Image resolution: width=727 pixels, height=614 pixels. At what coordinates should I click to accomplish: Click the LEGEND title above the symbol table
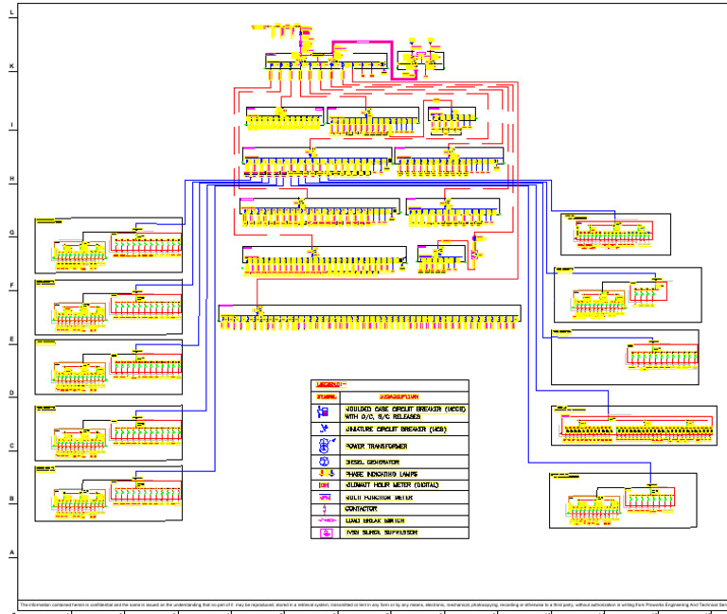coord(329,385)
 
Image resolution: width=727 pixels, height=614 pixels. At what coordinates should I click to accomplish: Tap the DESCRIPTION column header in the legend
coord(399,397)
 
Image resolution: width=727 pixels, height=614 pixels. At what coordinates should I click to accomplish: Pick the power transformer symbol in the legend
coord(325,445)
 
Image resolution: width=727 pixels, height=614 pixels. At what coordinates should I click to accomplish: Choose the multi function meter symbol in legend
coord(325,497)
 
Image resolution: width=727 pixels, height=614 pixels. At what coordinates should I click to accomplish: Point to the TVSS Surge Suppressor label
coord(383,533)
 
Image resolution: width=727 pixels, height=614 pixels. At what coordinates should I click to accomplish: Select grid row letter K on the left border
coord(11,67)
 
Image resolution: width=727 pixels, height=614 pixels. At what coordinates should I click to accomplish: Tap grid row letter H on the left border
coord(11,178)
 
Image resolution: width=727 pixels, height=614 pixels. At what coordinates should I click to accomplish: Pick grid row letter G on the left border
coord(11,232)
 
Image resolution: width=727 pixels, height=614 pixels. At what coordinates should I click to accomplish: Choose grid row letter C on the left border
coord(11,446)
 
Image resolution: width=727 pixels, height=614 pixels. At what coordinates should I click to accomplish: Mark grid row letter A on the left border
coord(11,553)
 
